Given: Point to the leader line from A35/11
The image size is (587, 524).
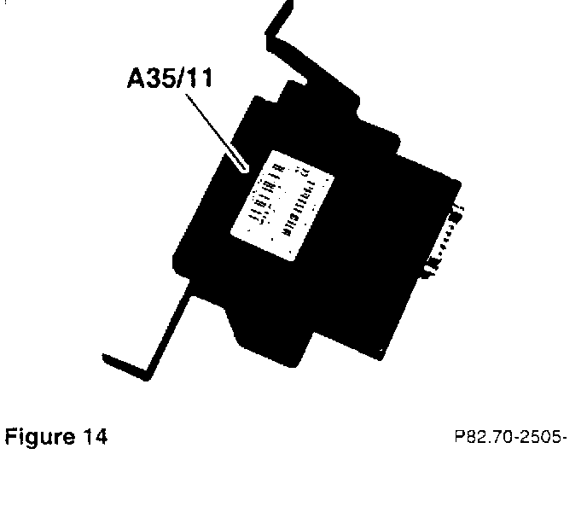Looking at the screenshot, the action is pyautogui.click(x=212, y=128).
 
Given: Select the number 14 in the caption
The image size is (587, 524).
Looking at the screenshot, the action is pyautogui.click(x=96, y=438).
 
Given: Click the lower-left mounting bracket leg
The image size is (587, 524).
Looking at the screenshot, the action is pyautogui.click(x=166, y=333).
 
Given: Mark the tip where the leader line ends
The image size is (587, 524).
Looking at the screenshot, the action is pyautogui.click(x=246, y=169).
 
